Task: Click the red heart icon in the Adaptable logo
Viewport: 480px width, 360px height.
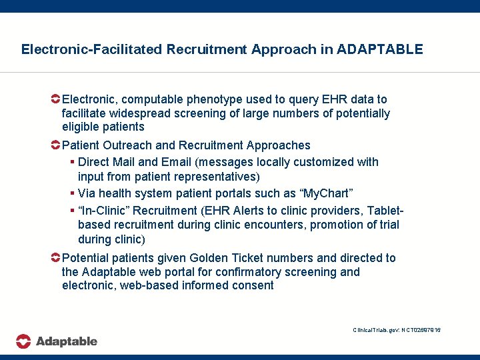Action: [24, 341]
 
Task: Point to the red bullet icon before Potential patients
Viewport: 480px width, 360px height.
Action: [56, 257]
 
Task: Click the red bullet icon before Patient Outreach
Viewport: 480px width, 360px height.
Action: [56, 145]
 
